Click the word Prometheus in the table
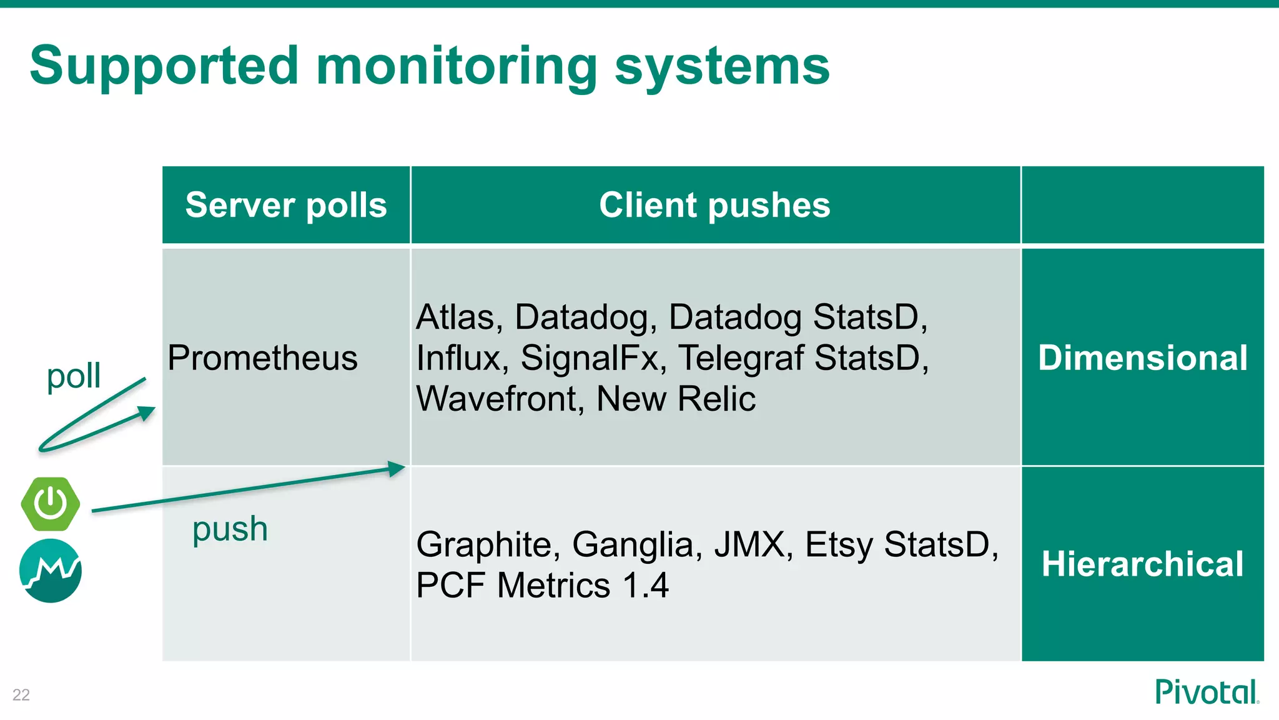coord(262,358)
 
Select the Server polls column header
coord(286,205)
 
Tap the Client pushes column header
coord(714,205)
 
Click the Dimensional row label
coord(1142,358)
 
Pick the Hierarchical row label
coord(1142,564)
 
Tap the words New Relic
coord(676,399)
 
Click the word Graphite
coord(483,544)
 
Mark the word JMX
coord(748,544)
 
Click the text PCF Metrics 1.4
coord(542,586)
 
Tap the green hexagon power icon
coord(51,504)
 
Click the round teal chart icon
coord(51,571)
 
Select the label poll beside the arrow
coord(74,376)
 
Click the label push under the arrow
coord(230,529)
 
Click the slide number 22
coord(21,695)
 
